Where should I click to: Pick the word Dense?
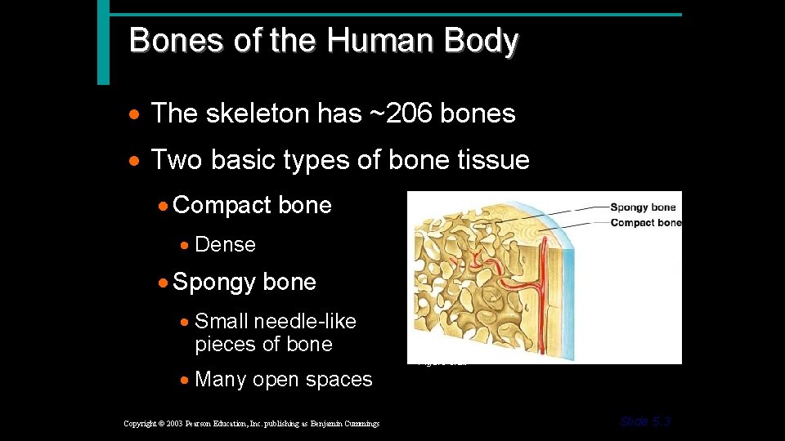pyautogui.click(x=225, y=244)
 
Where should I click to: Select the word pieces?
pyautogui.click(x=227, y=344)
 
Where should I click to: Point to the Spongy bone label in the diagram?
pyautogui.click(x=642, y=207)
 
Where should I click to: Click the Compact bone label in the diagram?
pyautogui.click(x=645, y=223)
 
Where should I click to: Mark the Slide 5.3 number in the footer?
pyautogui.click(x=646, y=422)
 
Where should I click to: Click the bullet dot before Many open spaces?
pyautogui.click(x=187, y=381)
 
